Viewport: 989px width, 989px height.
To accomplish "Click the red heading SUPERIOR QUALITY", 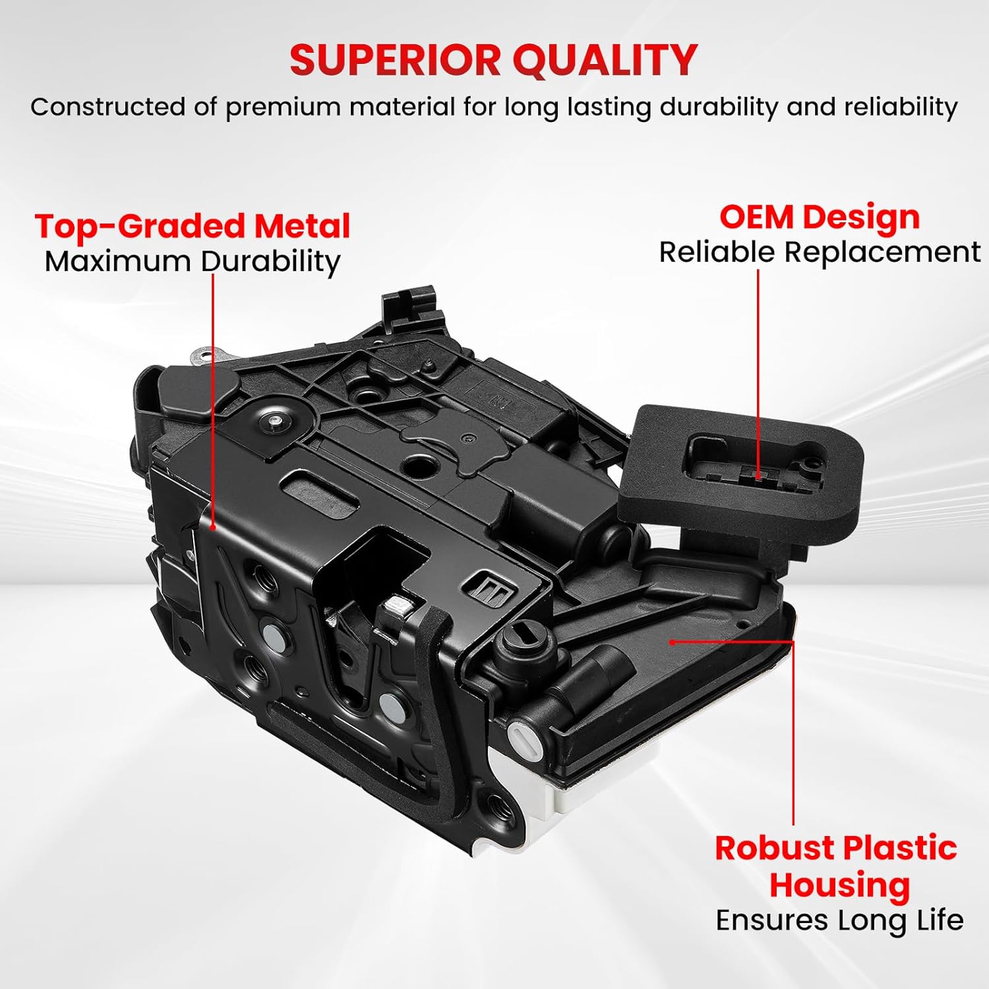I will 493,60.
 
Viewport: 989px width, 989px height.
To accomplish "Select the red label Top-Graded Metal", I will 192,226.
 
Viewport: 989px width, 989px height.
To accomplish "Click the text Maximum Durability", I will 192,262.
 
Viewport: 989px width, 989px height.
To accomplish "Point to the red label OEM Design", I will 819,217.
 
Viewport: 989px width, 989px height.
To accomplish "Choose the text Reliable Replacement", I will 820,253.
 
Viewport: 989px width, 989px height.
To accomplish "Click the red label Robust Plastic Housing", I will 836,866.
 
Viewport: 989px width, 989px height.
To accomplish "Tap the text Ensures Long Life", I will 839,920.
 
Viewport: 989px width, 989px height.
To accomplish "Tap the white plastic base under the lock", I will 567,804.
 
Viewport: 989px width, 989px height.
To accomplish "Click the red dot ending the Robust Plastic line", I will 672,642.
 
